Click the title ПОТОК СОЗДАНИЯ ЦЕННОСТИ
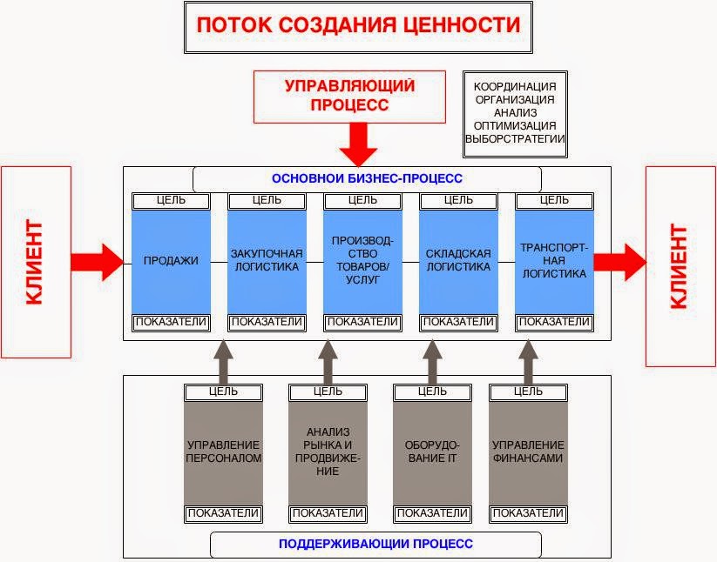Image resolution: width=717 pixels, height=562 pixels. [x=358, y=25]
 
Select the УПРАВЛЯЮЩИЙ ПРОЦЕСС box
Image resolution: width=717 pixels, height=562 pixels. [x=349, y=96]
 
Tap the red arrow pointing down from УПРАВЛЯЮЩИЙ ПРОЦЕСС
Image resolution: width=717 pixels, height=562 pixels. [x=358, y=144]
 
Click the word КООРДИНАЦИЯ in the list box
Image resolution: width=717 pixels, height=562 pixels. [x=514, y=88]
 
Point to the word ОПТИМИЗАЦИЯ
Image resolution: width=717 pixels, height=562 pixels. [x=514, y=125]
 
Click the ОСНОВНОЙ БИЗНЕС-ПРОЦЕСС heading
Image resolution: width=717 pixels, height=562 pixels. [x=367, y=178]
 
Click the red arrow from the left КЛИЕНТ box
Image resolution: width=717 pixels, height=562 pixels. [x=98, y=260]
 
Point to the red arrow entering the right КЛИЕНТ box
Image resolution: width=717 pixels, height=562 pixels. [x=620, y=260]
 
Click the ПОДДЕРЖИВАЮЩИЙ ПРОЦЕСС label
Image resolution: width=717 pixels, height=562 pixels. [x=375, y=545]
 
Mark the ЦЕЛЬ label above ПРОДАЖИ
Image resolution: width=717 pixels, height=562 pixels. [x=171, y=201]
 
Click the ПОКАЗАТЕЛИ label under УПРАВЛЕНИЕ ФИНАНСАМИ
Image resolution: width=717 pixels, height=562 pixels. [x=528, y=513]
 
